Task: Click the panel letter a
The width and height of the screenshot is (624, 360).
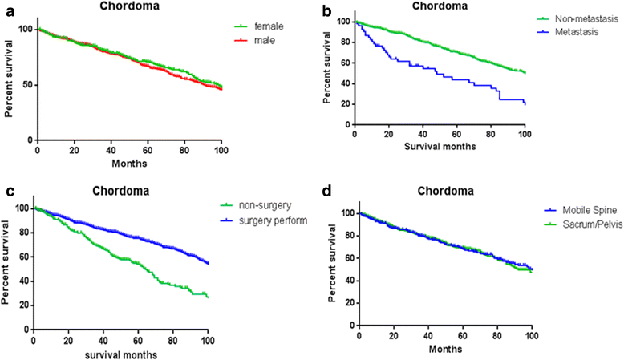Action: (6, 10)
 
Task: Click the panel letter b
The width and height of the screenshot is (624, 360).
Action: (323, 10)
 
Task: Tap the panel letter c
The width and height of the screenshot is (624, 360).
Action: (6, 192)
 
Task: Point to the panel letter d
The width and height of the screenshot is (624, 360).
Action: (323, 192)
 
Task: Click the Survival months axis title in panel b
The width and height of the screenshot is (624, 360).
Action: (440, 147)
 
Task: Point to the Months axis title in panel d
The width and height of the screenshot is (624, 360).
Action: (444, 351)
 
